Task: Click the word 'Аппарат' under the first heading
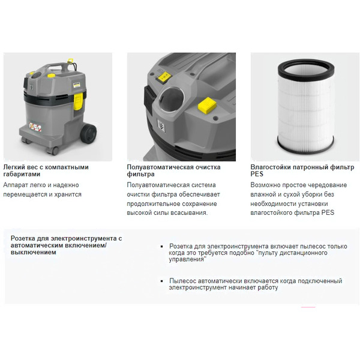[16, 185]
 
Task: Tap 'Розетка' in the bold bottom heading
[25, 238]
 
